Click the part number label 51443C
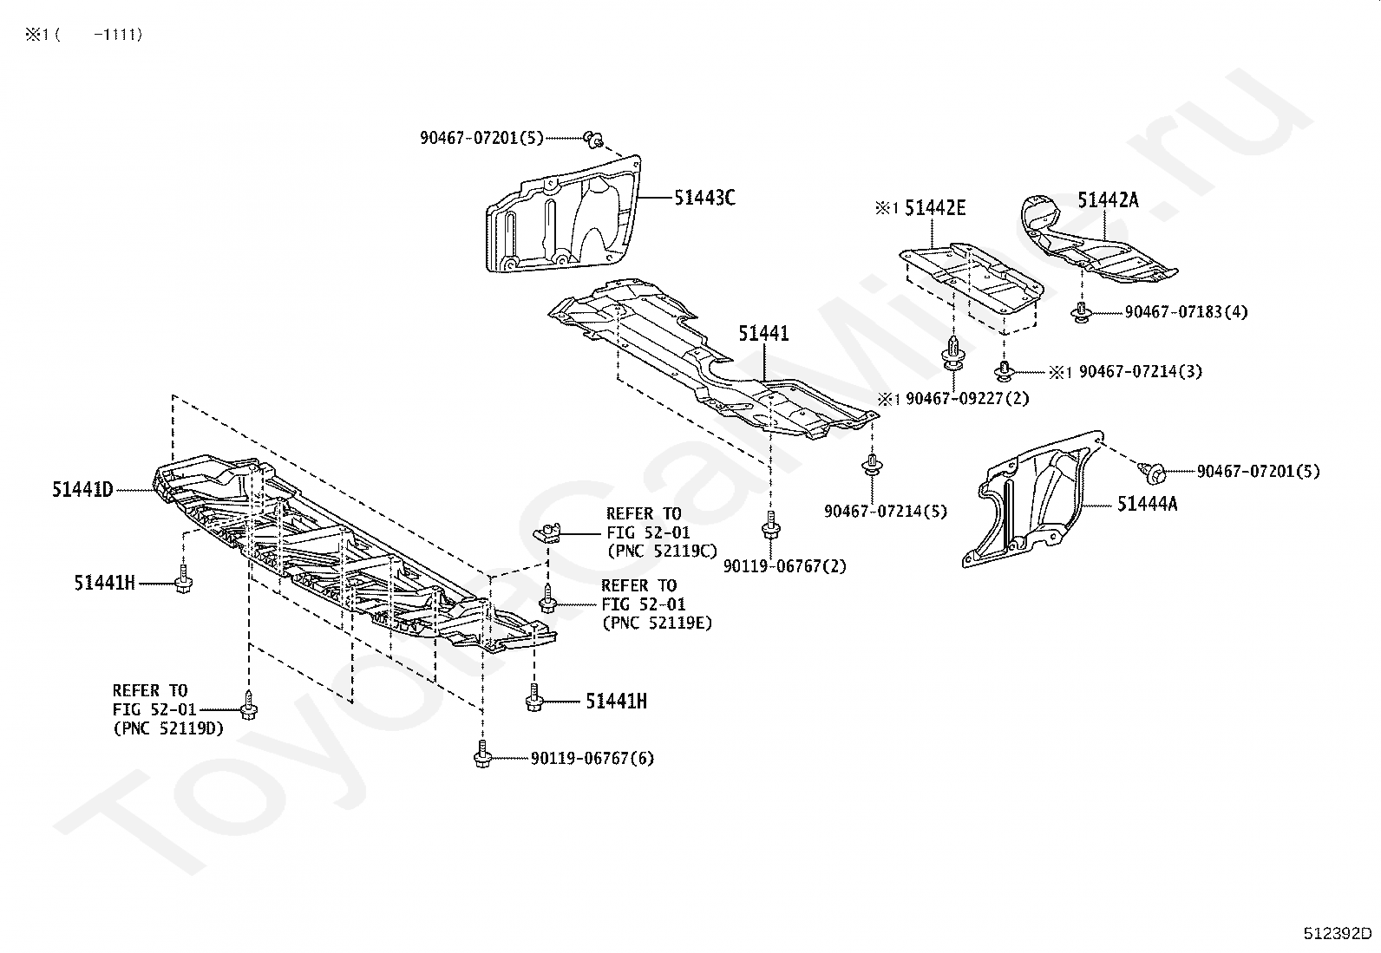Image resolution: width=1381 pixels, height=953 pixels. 704,199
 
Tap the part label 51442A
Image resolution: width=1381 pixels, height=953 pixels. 1108,200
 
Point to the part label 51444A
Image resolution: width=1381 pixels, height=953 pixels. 1147,504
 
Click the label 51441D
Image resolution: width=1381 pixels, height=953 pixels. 82,490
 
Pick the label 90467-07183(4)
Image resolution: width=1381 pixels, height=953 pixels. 1186,312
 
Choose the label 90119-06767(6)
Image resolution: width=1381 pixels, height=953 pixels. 592,759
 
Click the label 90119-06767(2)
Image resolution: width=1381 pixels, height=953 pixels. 784,566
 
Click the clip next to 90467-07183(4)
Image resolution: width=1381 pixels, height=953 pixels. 1081,313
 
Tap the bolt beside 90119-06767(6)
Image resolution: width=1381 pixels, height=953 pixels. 481,755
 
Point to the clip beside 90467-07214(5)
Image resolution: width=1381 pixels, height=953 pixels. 870,466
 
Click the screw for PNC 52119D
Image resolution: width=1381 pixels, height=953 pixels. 249,706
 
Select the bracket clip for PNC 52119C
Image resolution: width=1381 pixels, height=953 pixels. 547,532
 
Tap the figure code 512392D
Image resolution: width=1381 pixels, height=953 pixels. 1337,934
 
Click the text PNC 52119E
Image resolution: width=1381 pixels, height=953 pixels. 657,623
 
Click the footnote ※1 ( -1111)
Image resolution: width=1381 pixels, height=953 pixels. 83,35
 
